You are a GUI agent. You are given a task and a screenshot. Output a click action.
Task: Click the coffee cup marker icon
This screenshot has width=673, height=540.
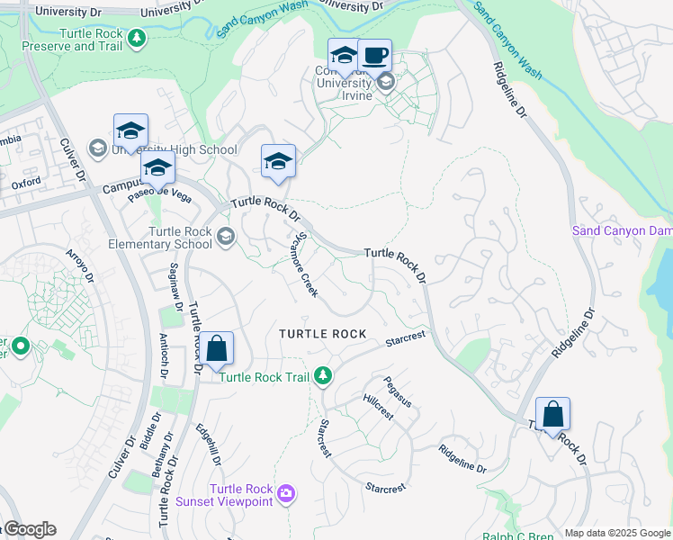[374, 55]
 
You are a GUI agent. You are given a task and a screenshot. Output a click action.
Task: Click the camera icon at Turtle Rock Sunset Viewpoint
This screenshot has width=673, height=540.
[286, 492]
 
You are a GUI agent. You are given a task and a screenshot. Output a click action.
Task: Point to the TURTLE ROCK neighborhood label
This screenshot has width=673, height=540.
[322, 334]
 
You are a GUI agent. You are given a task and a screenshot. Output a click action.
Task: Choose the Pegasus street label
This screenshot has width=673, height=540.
[397, 391]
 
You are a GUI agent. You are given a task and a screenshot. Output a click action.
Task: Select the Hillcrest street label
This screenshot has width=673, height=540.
[378, 407]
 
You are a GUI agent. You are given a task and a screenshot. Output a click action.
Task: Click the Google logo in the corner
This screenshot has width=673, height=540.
[29, 529]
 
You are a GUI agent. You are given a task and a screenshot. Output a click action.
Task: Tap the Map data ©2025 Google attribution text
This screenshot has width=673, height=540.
[617, 533]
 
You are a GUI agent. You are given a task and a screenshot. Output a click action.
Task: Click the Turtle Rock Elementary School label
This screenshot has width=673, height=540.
[180, 238]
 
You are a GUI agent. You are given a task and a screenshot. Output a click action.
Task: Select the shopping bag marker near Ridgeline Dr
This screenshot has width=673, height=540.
[552, 414]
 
